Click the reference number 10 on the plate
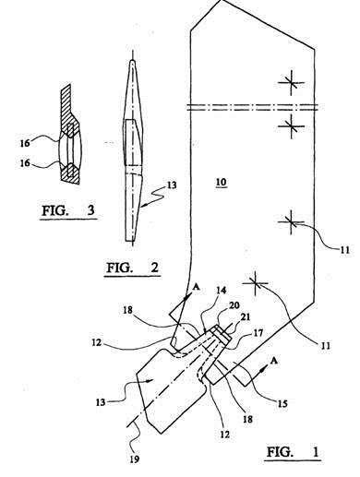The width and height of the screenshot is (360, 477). click(222, 183)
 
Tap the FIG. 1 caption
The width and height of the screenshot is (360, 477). click(293, 452)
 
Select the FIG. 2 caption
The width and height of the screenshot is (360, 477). click(133, 268)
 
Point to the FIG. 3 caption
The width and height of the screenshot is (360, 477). click(68, 210)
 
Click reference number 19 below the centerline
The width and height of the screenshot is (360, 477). click(135, 459)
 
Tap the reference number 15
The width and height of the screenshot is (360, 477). click(282, 403)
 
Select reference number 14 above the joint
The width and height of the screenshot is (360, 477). click(221, 290)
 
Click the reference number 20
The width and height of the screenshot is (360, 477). click(235, 305)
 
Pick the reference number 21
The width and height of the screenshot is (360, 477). click(246, 317)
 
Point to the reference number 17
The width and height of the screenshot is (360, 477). click(258, 332)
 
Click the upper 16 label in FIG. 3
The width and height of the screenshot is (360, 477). click(25, 143)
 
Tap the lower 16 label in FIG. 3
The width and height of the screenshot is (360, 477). click(25, 163)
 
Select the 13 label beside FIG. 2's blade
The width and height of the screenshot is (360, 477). click(172, 185)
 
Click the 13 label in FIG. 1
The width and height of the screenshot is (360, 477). click(101, 402)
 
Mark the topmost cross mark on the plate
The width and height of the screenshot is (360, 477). click(291, 82)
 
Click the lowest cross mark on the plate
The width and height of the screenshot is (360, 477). click(255, 283)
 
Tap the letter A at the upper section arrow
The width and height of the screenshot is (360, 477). click(197, 287)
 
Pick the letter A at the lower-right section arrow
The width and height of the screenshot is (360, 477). click(273, 361)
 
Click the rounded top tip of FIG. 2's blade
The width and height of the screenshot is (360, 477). click(132, 62)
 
